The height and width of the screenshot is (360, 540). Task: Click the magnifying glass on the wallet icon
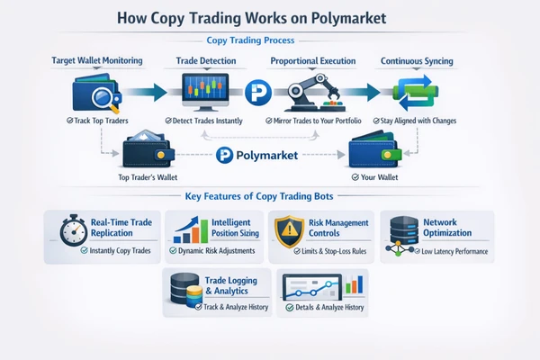tap(104, 99)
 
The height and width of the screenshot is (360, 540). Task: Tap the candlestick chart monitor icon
tap(205, 92)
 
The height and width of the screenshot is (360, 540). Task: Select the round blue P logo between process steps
tap(258, 93)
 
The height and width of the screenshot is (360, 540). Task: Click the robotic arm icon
tap(315, 93)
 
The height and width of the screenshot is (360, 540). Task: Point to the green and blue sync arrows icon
tap(416, 93)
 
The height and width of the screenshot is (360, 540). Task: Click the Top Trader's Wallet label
tap(148, 177)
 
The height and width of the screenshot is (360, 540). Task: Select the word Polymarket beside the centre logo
tap(267, 156)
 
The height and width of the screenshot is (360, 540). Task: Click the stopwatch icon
tap(74, 230)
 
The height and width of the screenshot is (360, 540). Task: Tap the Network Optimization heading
tap(447, 228)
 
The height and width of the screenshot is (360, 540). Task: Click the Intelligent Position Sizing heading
tap(235, 228)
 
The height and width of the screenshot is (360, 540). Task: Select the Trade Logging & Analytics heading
tap(231, 285)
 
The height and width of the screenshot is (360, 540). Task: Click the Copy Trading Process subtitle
tap(250, 40)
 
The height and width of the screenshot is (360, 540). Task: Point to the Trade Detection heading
tap(206, 61)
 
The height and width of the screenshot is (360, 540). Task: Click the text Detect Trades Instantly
tap(207, 121)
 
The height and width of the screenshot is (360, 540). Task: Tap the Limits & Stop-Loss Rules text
tap(334, 251)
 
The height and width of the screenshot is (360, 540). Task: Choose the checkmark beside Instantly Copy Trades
tap(84, 250)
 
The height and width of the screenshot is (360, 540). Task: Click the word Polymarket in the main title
tap(348, 18)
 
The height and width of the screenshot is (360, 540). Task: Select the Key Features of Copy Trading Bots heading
tap(259, 196)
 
